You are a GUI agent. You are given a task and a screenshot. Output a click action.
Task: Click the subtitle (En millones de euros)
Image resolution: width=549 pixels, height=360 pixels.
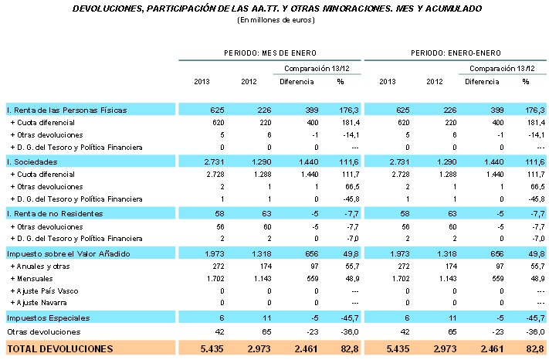pos(276,19)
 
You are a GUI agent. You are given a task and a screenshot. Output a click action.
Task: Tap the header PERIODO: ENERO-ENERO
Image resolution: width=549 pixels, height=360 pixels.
pos(456,53)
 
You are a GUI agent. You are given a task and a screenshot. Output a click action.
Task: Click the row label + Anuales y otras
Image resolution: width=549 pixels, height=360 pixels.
pos(38,265)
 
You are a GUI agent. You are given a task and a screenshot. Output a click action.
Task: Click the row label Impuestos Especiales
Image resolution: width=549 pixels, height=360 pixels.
pos(48,318)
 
